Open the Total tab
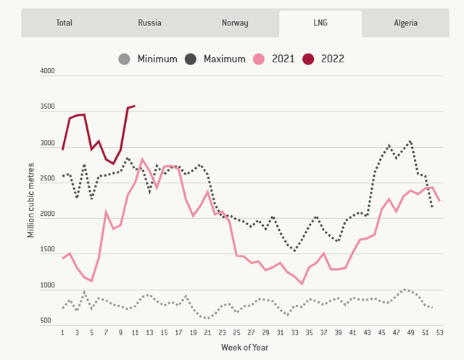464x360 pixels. click(x=64, y=22)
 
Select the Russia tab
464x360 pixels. click(x=149, y=22)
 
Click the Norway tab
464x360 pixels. click(x=235, y=22)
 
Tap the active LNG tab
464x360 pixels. click(x=320, y=23)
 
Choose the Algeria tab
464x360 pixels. click(x=405, y=22)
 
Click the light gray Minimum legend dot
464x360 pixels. click(x=124, y=59)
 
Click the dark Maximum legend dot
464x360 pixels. click(x=191, y=59)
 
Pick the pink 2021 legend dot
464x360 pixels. click(x=259, y=59)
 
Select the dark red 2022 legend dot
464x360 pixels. click(x=308, y=59)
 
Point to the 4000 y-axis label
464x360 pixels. click(x=47, y=71)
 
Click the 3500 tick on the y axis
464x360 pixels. click(x=47, y=106)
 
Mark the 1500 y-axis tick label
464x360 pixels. click(x=47, y=249)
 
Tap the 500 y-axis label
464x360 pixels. click(x=46, y=320)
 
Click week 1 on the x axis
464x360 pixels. click(x=63, y=332)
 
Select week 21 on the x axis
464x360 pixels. click(x=207, y=332)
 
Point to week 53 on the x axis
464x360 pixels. click(x=440, y=332)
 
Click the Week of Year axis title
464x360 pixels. click(x=245, y=347)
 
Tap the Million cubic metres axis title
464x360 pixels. click(x=30, y=200)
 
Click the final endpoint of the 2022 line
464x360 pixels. click(x=135, y=106)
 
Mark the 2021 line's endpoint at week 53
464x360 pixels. click(x=440, y=201)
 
